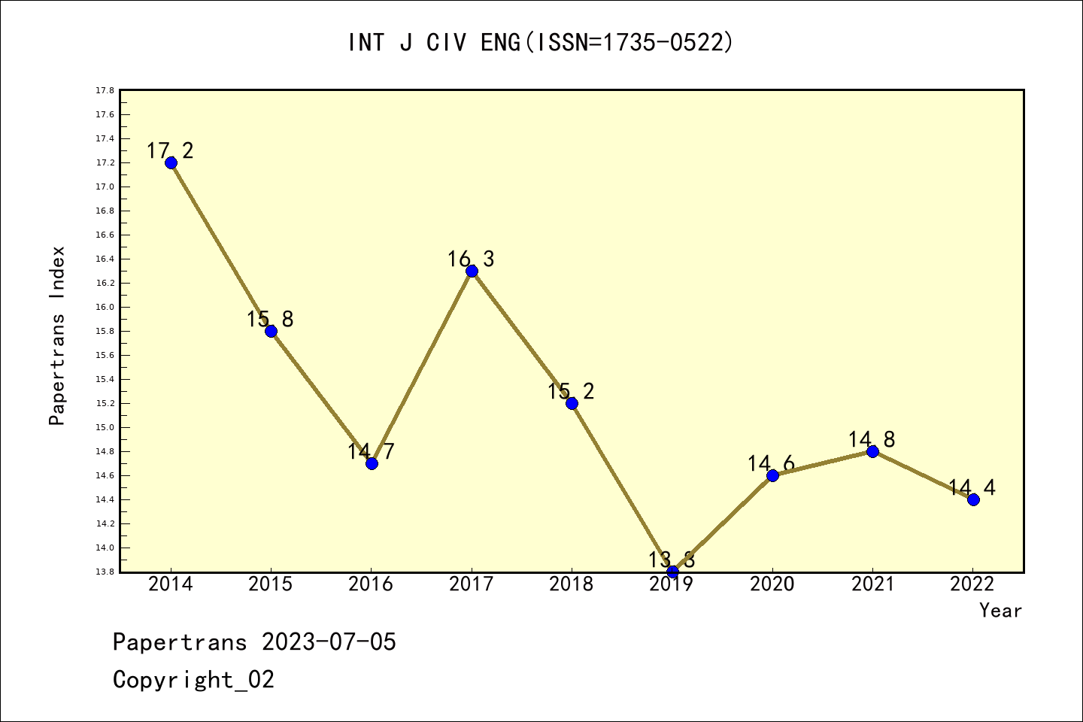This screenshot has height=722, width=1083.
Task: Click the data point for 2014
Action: pyautogui.click(x=171, y=162)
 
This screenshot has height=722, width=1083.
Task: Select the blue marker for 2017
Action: pyautogui.click(x=472, y=271)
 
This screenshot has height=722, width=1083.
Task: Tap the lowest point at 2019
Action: pyautogui.click(x=672, y=572)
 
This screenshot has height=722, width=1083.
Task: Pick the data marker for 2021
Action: pyautogui.click(x=872, y=451)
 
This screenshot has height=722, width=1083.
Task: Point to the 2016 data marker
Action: pyautogui.click(x=372, y=463)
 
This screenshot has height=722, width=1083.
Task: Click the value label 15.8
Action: pyautogui.click(x=270, y=320)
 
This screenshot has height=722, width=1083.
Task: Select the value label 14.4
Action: pyautogui.click(x=972, y=488)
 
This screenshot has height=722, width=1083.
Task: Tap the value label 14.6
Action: pyautogui.click(x=771, y=464)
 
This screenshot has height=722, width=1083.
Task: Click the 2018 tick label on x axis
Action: pyautogui.click(x=572, y=584)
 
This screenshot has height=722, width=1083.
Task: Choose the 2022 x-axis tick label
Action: pyautogui.click(x=972, y=584)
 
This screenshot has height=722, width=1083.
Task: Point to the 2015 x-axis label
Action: pyautogui.click(x=271, y=584)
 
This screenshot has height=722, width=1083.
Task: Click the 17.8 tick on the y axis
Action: pyautogui.click(x=105, y=90)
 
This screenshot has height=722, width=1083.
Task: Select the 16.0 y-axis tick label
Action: pyautogui.click(x=105, y=307)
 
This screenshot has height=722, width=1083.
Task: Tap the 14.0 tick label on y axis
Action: pyautogui.click(x=105, y=548)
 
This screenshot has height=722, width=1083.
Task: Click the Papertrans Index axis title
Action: pyautogui.click(x=57, y=335)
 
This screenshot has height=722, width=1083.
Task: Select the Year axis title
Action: pyautogui.click(x=1000, y=611)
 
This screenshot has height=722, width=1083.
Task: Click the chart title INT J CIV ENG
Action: pyautogui.click(x=540, y=43)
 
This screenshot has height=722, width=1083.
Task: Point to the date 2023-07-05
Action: pyautogui.click(x=329, y=642)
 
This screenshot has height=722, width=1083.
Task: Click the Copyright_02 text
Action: pyautogui.click(x=193, y=680)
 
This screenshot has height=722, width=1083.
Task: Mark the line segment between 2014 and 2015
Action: pyautogui.click(x=221, y=247)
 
